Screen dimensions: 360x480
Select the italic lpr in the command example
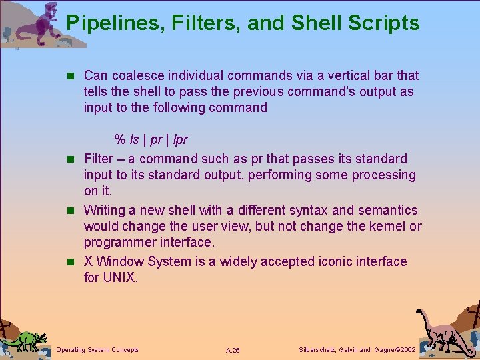coord(180,140)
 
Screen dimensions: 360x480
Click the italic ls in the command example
coord(135,140)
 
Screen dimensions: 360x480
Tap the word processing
coord(378,175)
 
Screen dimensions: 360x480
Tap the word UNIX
coord(120,277)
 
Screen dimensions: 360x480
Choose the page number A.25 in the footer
coord(233,350)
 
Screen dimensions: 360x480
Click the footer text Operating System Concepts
coord(97,350)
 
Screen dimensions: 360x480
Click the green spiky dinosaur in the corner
coord(25,340)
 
